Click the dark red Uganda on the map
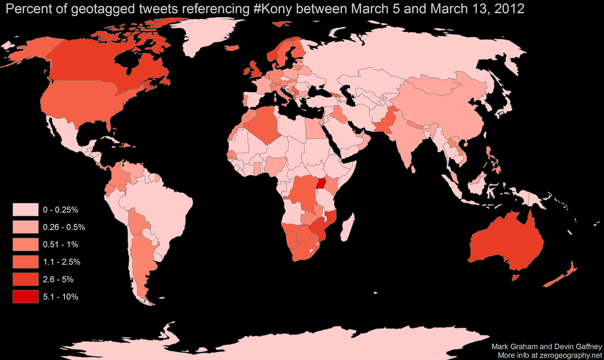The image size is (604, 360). tap(321, 184)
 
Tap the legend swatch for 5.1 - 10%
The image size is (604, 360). tap(26, 297)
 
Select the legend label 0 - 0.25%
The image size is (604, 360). tap(60, 210)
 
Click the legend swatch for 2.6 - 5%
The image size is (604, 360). tap(26, 279)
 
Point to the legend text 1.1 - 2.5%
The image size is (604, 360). tap(62, 262)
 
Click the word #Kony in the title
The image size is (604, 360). tap(272, 8)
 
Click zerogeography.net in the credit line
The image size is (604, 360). tap(570, 355)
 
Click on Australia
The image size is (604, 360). tap(506, 242)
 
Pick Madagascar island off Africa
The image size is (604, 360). tap(346, 228)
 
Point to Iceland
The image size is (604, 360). tap(232, 48)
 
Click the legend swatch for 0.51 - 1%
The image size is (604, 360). tap(26, 244)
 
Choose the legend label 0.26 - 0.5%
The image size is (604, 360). tap(64, 227)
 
